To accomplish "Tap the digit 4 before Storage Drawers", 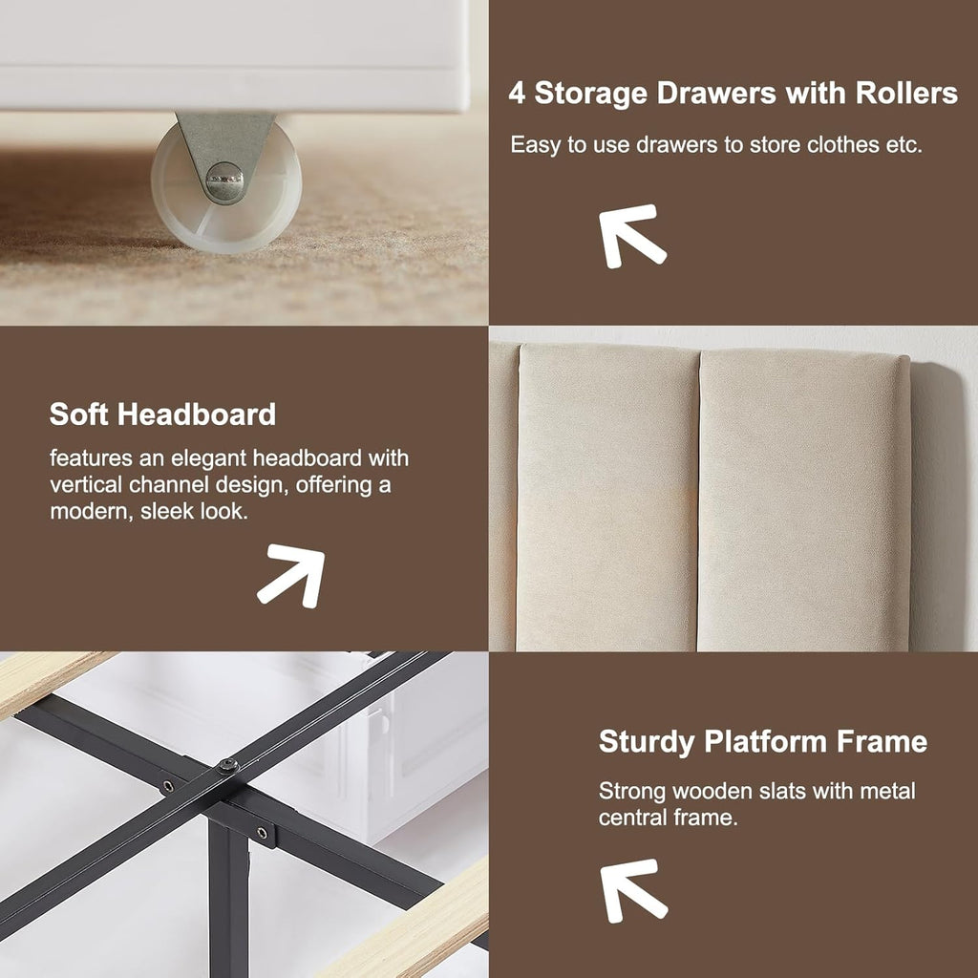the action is coord(517,94).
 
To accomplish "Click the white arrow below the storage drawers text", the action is coord(632,237).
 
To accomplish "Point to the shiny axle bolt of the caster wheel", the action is coord(223,182).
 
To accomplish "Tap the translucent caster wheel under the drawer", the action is coord(225,187).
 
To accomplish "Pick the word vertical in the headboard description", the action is coord(86,484).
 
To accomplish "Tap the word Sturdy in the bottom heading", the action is coord(647,742).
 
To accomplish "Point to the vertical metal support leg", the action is coord(228,898).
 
